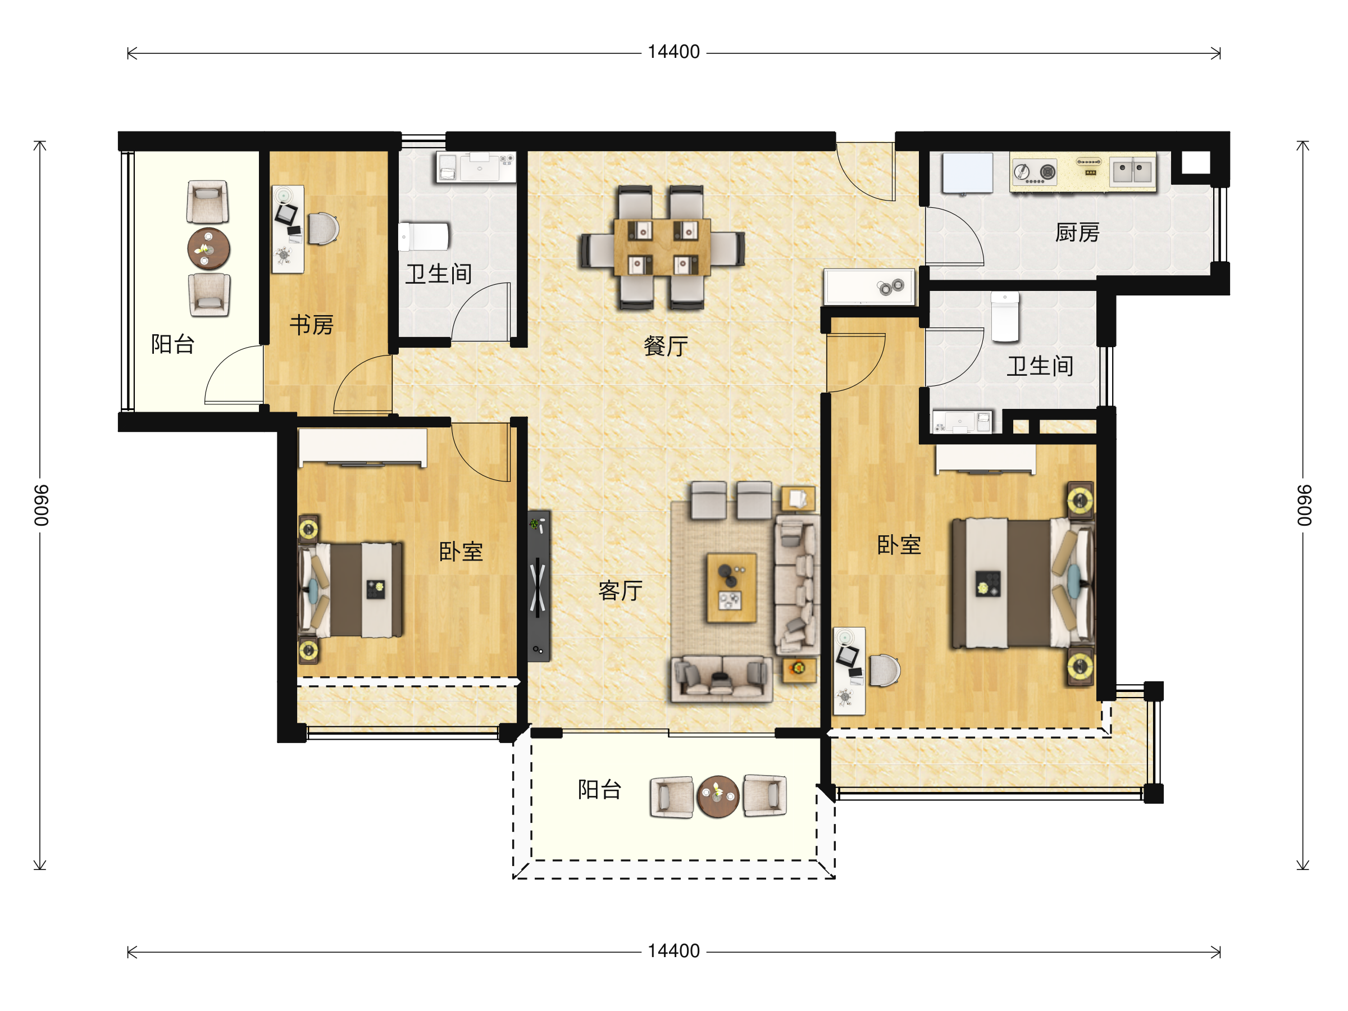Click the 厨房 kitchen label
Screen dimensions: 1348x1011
[x=1077, y=233]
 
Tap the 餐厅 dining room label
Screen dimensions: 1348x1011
[x=666, y=346]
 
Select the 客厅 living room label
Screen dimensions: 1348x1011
[x=621, y=590]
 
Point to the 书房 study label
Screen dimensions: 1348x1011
[x=311, y=325]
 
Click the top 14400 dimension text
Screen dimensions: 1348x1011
[x=673, y=52]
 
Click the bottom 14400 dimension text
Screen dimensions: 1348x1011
[x=673, y=951]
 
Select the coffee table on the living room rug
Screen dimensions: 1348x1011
[x=731, y=588]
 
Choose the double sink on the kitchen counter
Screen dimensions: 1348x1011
[x=1133, y=171]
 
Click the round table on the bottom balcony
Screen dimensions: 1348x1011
[x=718, y=796]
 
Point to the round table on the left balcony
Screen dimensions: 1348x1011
[x=208, y=249]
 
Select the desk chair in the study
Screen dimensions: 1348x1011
[x=323, y=229]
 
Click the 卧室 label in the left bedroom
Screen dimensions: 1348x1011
[x=461, y=552]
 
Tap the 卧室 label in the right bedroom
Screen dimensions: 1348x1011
[x=899, y=545]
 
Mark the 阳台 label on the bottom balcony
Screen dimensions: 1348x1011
[x=600, y=789]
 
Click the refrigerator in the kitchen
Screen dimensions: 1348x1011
[x=967, y=173]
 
